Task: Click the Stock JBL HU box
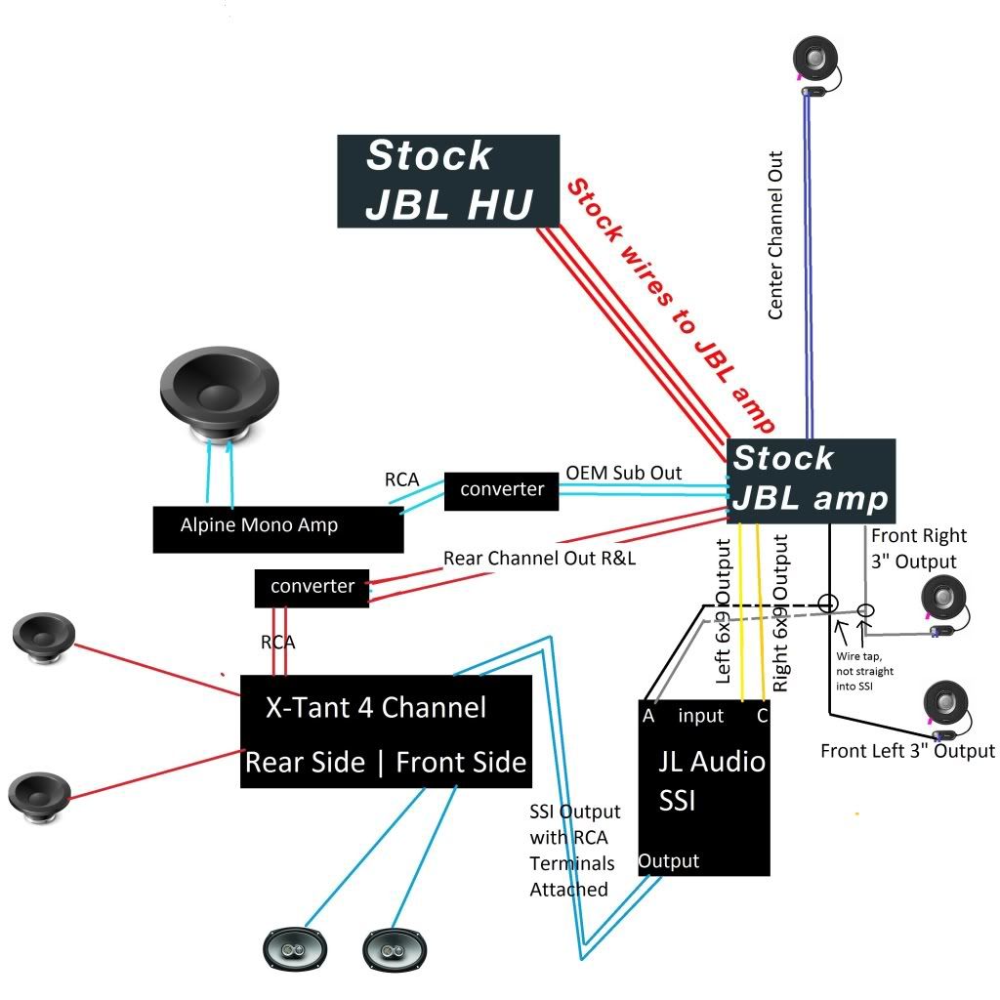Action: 448,181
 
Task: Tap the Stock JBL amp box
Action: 812,480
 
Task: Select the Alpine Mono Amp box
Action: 278,529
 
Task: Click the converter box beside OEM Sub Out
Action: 501,491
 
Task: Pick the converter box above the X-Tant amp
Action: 312,588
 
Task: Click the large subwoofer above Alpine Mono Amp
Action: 220,396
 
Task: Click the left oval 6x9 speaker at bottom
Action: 295,949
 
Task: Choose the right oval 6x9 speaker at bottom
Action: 395,950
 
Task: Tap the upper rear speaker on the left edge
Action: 44,639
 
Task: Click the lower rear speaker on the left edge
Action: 39,797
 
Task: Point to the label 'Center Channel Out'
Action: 774,235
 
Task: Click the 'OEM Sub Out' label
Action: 624,473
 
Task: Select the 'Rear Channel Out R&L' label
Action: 539,558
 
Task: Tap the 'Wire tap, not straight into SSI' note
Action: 865,671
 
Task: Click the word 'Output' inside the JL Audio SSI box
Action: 669,861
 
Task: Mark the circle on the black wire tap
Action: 828,604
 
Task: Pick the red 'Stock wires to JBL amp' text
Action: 671,305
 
